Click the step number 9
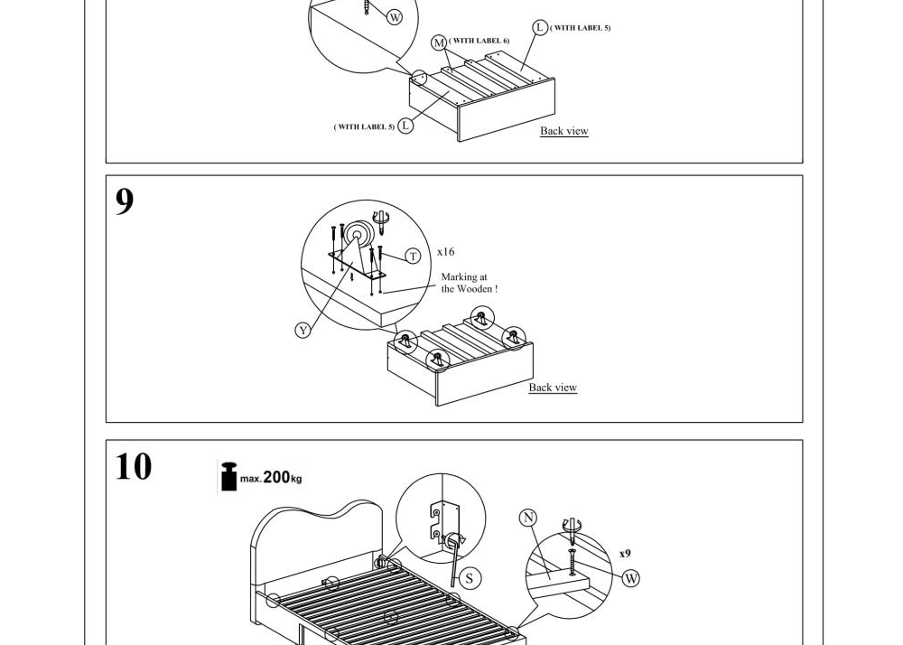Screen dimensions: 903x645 (125, 201)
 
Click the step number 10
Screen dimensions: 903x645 (134, 466)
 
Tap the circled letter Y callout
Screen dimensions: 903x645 (303, 330)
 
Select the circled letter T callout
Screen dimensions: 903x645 (413, 256)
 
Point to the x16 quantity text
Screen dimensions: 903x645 (446, 252)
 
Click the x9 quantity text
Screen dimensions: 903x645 (625, 554)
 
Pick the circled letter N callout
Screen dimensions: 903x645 (528, 519)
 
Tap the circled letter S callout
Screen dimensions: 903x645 (470, 578)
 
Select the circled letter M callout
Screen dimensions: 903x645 (440, 42)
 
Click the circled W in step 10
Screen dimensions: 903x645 (631, 578)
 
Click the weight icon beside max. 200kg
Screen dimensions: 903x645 (229, 477)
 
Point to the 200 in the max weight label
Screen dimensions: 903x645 (275, 477)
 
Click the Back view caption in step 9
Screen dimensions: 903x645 (553, 388)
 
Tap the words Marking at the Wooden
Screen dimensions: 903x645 (470, 283)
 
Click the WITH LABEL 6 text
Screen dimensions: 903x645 (479, 41)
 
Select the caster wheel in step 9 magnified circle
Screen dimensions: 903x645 (357, 235)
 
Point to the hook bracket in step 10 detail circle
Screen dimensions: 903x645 (443, 521)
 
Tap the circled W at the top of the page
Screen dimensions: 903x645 (395, 17)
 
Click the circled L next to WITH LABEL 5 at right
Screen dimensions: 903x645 (540, 27)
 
